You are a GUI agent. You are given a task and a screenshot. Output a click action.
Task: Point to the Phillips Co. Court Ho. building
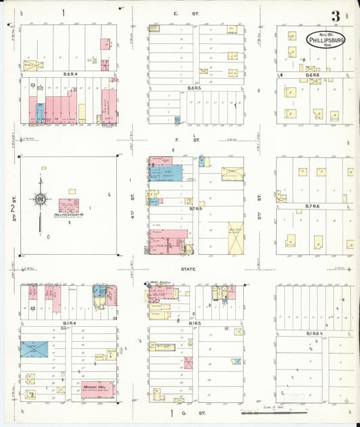point(68,205)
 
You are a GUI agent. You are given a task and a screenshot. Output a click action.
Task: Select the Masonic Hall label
point(94,388)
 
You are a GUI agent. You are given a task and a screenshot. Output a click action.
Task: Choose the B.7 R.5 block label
point(197,209)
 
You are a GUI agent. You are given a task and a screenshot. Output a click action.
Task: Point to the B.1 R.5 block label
point(197,324)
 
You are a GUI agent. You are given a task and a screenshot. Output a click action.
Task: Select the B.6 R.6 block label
point(312,74)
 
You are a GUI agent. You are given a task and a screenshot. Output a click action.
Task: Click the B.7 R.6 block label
point(312,205)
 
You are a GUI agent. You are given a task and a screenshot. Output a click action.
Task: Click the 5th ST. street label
point(259,198)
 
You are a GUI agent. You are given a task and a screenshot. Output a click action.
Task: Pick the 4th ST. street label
point(133,198)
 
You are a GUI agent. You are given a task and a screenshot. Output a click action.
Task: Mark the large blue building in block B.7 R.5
point(170,174)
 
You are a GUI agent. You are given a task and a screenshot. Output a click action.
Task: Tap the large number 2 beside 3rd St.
point(12,207)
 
